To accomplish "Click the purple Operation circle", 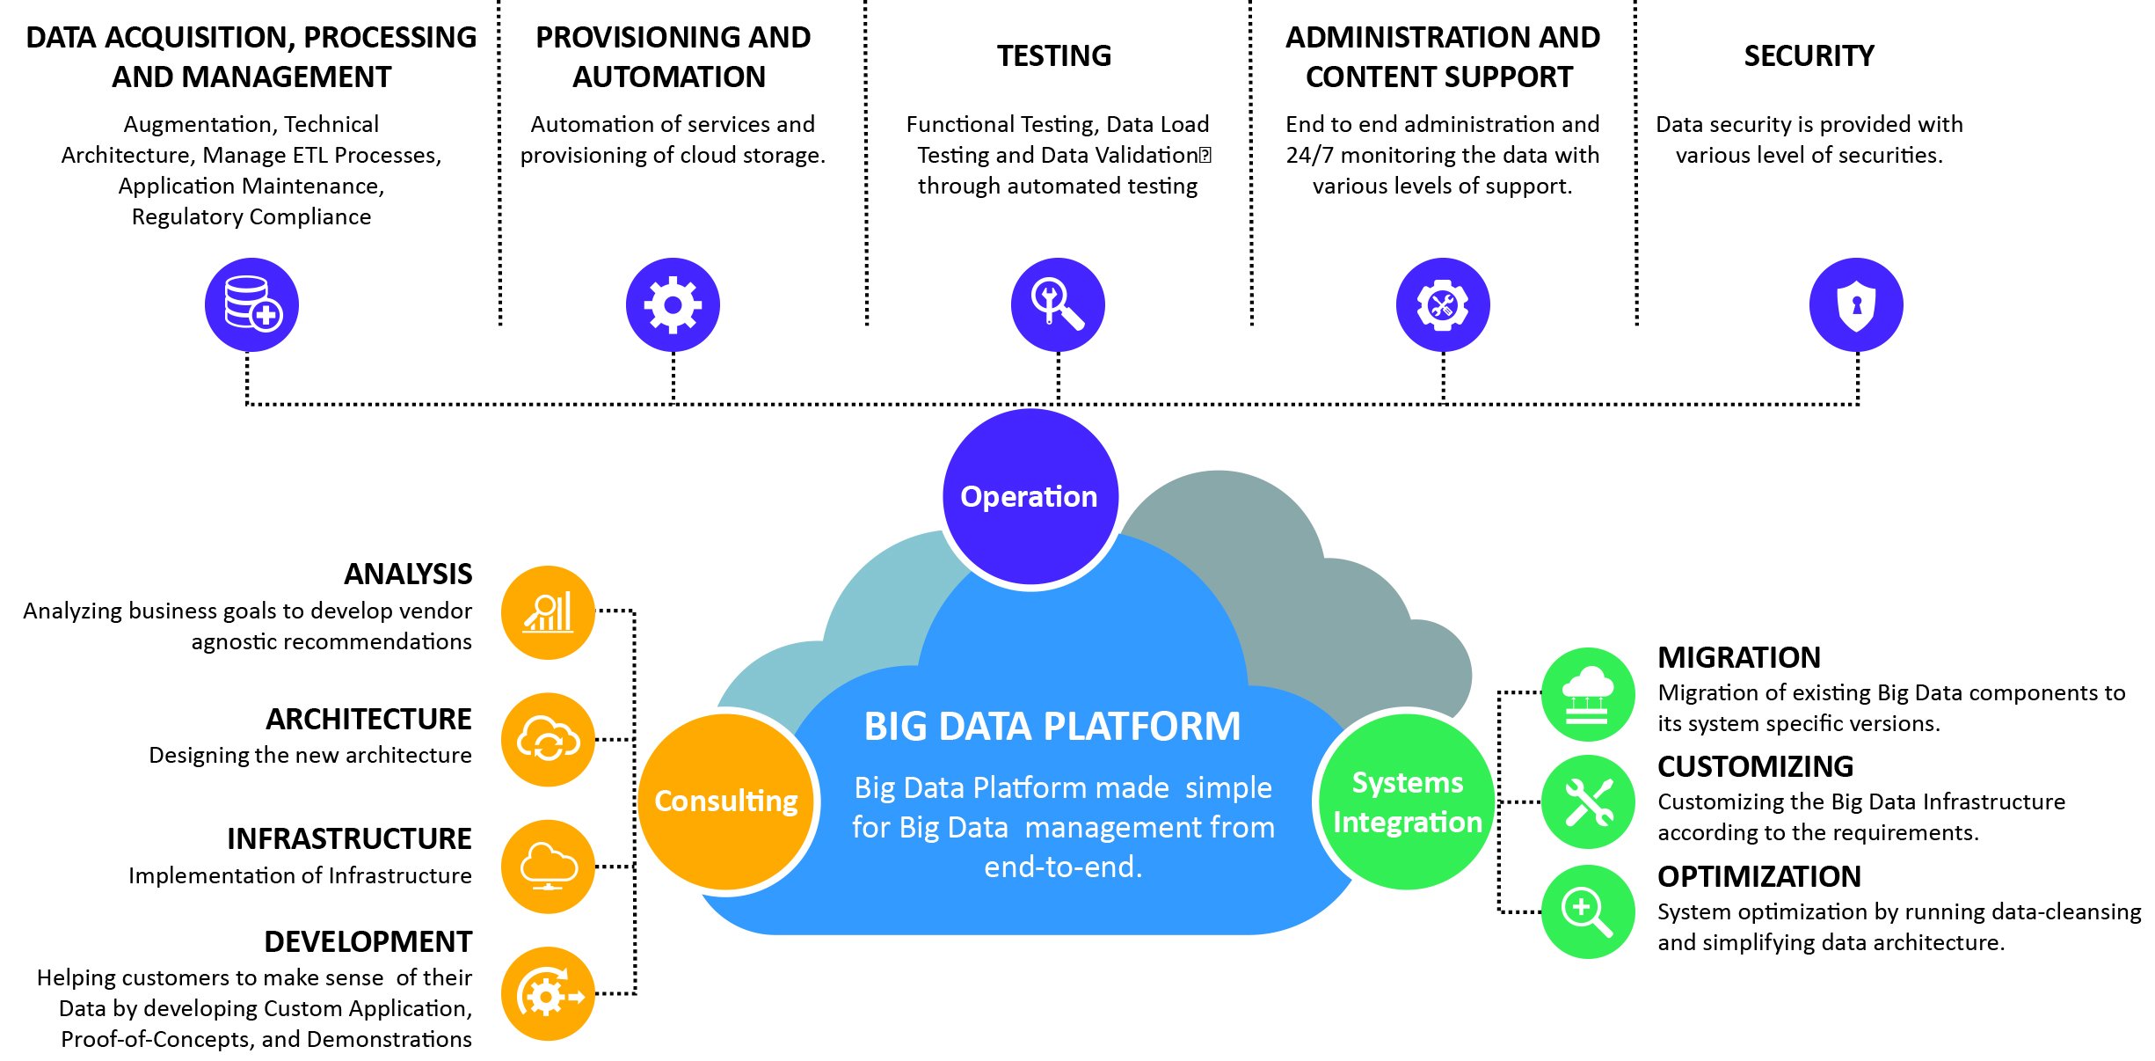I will coord(1030,497).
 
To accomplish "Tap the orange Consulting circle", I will coord(726,801).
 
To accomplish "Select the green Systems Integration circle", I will coord(1407,801).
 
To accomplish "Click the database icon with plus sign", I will coord(251,304).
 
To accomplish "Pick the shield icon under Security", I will coord(1855,304).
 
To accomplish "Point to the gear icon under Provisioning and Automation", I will coord(673,304).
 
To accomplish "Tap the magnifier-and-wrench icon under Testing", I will coord(1058,304).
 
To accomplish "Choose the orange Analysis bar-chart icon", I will coord(548,612).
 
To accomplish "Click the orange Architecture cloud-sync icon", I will coord(548,739).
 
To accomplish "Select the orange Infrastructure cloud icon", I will coord(548,867).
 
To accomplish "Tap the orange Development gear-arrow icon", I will coord(548,994).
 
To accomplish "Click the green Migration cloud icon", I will coord(1588,694).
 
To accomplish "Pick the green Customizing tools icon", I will coord(1588,801).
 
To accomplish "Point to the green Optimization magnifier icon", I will coord(1588,911).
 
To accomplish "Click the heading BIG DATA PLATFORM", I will coord(1052,727).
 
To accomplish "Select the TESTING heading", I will coord(1054,56).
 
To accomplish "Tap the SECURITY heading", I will coord(1809,56).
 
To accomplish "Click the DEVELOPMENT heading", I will coord(368,941).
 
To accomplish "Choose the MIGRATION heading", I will coord(1738,657).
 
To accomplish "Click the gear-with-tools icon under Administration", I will coord(1442,304).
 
